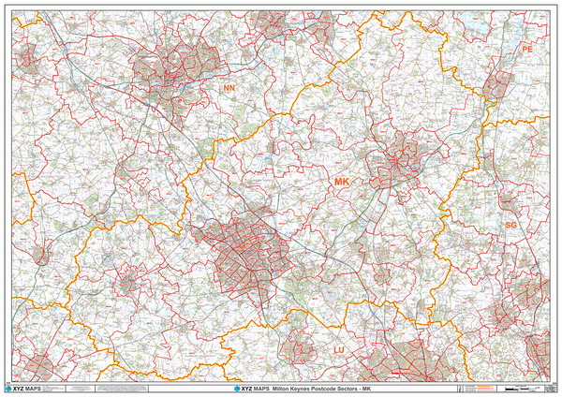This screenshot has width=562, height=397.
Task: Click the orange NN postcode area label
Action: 229,88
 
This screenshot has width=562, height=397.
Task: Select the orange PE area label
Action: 527,48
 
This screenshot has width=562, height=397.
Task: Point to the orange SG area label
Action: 510,226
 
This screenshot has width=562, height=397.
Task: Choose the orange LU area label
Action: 341,349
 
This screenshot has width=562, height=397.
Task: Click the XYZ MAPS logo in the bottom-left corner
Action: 24,388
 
